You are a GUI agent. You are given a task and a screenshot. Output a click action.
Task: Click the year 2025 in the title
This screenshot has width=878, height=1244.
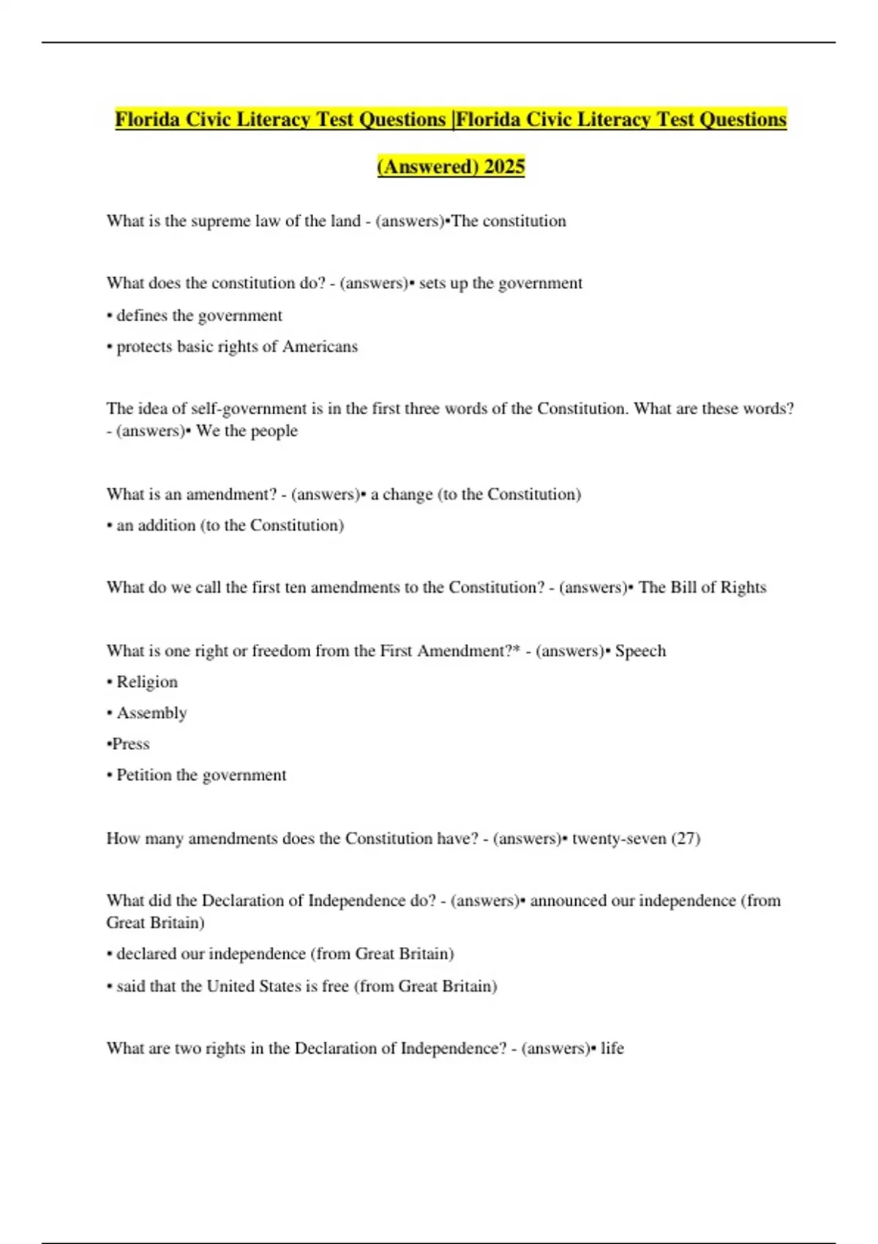504,167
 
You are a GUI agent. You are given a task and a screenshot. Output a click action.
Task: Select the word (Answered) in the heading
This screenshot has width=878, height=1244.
427,167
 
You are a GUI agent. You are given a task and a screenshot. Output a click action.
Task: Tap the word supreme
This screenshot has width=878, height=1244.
221,221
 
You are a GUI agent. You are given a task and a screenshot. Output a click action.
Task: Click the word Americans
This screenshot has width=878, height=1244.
320,347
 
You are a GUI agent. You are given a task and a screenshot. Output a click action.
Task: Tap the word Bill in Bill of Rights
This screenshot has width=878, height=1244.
684,588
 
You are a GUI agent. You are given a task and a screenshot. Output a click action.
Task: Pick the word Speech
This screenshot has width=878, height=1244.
640,651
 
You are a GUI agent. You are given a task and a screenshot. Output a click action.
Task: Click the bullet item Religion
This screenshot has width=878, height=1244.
147,682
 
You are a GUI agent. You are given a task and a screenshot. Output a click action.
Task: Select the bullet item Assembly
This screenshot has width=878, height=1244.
151,713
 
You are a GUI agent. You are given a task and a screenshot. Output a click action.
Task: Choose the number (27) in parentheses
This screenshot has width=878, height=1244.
686,839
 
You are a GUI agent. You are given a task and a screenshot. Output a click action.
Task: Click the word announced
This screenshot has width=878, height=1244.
568,901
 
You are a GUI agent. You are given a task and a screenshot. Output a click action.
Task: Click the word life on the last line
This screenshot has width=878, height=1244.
612,1049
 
